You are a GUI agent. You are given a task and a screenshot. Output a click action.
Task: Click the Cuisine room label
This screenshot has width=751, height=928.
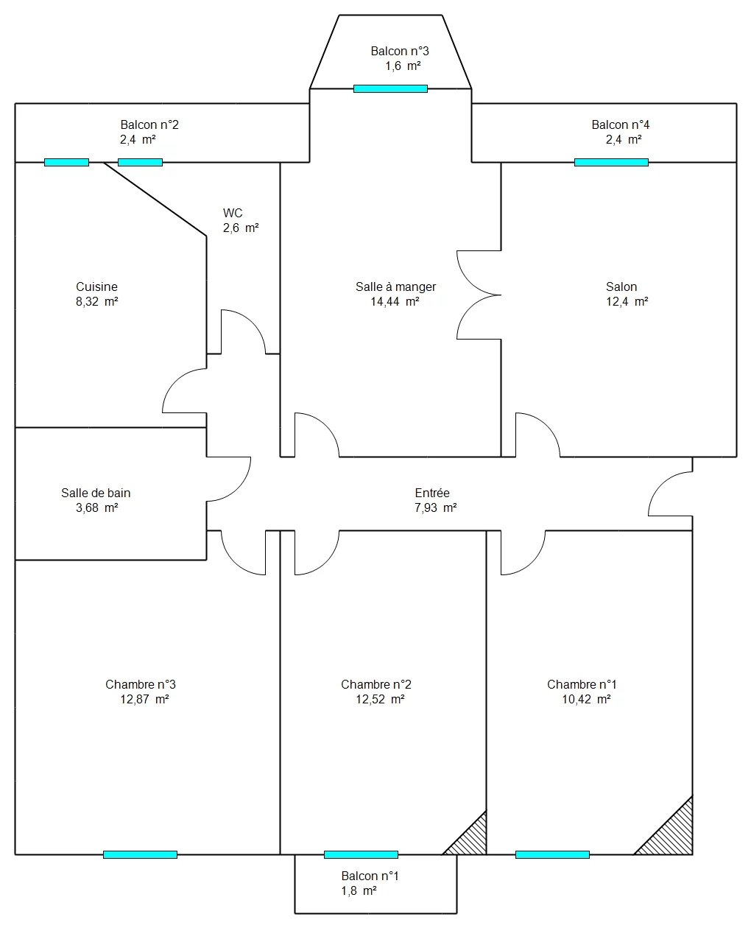click(96, 287)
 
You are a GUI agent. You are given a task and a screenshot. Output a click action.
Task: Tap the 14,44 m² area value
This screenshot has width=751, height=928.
click(395, 301)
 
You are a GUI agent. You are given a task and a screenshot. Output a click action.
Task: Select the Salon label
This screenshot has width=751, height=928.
click(621, 287)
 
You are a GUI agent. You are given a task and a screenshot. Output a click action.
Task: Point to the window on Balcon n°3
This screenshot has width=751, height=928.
click(390, 89)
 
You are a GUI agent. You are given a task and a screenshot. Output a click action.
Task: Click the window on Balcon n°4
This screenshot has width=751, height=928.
click(611, 163)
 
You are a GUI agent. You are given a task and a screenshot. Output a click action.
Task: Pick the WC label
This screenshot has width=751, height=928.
click(233, 213)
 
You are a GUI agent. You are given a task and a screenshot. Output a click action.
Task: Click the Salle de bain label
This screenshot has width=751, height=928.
click(96, 493)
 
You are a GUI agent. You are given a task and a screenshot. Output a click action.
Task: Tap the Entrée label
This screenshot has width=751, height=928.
click(432, 493)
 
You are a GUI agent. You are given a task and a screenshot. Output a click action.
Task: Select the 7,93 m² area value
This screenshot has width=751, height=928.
click(436, 507)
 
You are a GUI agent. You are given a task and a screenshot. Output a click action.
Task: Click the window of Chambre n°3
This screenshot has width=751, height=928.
click(141, 854)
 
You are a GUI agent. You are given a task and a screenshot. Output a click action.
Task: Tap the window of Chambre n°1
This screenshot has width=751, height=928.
click(552, 854)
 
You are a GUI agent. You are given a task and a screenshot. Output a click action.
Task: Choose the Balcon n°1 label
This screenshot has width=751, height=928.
click(370, 876)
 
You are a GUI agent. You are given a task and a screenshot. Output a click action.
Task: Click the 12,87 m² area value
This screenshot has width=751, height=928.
click(144, 699)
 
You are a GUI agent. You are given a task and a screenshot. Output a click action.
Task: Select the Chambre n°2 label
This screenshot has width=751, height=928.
click(376, 684)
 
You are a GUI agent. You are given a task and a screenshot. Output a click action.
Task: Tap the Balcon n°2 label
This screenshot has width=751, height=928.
click(149, 124)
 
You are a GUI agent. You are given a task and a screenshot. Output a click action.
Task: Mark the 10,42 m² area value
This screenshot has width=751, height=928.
click(586, 699)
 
